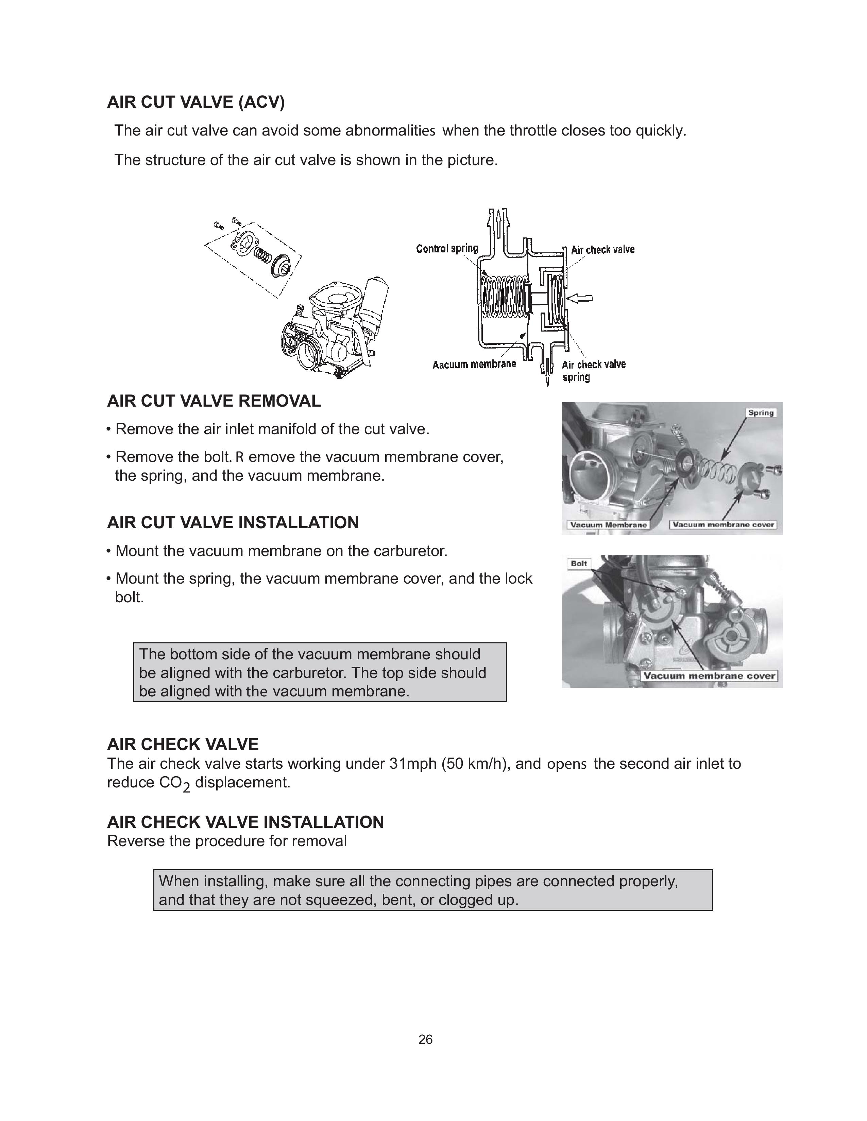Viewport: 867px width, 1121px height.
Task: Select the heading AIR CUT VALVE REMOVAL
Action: coord(214,401)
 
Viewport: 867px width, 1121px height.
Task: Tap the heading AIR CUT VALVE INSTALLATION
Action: coord(233,522)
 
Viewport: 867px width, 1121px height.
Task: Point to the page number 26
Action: coord(425,1039)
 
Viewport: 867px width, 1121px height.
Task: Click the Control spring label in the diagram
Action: coord(447,248)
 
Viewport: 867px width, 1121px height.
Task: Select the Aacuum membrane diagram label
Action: coord(474,364)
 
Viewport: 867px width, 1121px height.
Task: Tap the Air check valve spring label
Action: coord(593,370)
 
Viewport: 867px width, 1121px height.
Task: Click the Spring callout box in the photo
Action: coord(760,413)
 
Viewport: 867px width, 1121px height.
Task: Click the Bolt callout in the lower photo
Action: coord(579,564)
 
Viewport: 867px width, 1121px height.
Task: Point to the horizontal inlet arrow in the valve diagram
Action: coord(581,297)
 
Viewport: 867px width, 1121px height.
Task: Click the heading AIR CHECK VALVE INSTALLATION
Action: coord(245,822)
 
